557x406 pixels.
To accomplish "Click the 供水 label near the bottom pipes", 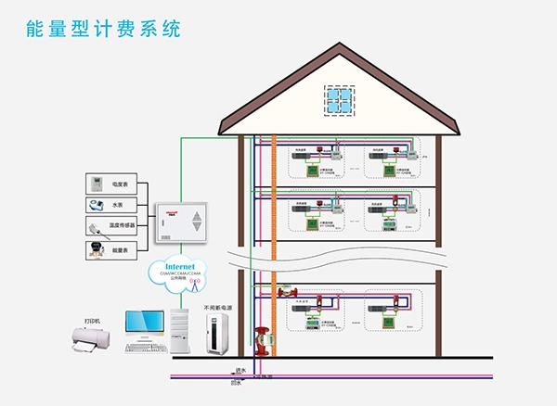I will [241, 369].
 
